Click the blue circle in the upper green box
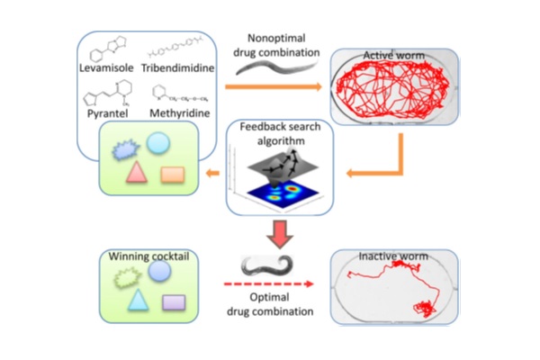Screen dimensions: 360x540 coord(157,142)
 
